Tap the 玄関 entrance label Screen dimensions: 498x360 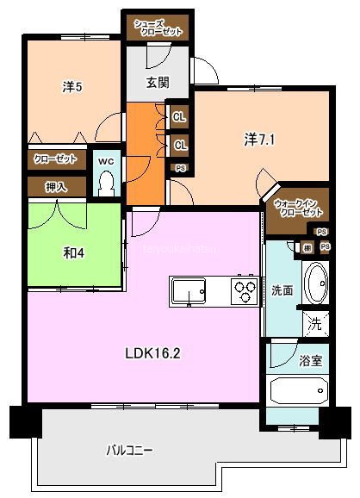156,83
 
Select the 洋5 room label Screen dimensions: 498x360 71,87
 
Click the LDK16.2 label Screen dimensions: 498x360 155,352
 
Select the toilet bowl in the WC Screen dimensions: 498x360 106,182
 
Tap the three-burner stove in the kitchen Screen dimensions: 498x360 243,292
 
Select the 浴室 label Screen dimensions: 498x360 311,360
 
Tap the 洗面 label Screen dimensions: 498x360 282,290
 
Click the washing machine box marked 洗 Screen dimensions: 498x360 316,325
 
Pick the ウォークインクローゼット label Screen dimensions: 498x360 298,207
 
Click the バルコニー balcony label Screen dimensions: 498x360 131,450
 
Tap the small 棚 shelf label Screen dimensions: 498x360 307,248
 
